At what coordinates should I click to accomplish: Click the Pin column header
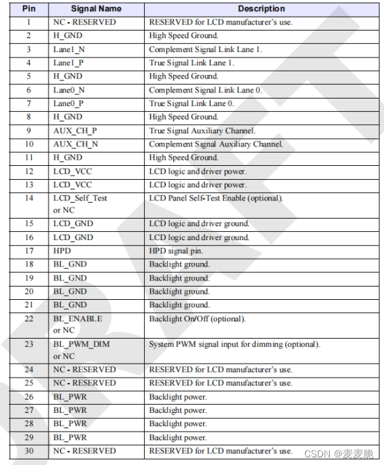click(x=28, y=9)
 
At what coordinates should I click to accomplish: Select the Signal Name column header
click(x=96, y=9)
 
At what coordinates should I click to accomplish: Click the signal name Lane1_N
click(x=69, y=49)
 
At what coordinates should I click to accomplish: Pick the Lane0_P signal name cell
click(x=69, y=103)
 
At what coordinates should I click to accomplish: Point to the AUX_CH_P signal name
click(x=76, y=130)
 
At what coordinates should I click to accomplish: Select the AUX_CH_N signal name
click(x=76, y=144)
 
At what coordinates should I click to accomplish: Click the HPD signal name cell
click(x=62, y=251)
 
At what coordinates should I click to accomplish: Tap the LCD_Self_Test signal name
click(x=80, y=198)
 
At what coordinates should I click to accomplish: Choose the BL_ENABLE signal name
click(x=78, y=319)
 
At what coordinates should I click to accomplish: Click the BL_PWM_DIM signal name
click(x=81, y=344)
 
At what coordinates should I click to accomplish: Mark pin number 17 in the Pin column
click(x=28, y=251)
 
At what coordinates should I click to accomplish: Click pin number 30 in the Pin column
click(x=28, y=451)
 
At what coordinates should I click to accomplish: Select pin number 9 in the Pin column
click(x=28, y=130)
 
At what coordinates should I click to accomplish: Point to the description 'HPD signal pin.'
click(x=176, y=251)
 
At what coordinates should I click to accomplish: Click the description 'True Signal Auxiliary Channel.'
click(x=202, y=130)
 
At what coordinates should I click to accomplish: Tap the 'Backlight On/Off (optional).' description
click(x=197, y=319)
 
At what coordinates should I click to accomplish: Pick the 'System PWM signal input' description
click(x=234, y=344)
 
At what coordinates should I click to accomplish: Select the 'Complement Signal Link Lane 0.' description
click(x=205, y=90)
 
